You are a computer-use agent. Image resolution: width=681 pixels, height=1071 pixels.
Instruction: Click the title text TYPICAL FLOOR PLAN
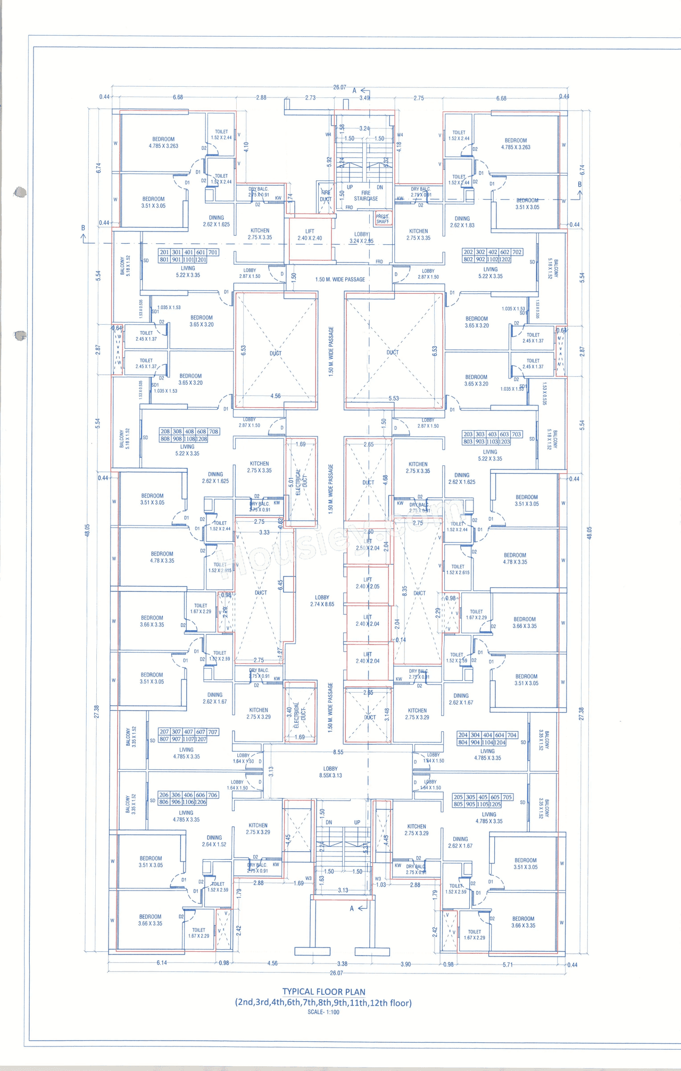click(323, 992)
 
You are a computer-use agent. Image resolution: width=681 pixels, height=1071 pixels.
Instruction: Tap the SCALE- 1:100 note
click(323, 1012)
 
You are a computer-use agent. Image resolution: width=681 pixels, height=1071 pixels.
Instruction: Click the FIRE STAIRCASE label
click(366, 196)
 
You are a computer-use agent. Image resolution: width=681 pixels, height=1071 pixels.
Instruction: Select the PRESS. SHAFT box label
click(382, 219)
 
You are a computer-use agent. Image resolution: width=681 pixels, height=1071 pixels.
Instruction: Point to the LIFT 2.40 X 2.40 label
click(310, 235)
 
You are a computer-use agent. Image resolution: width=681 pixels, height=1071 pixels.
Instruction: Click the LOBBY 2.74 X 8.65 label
click(322, 600)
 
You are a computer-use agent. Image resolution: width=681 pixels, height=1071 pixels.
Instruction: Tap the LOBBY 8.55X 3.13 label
click(330, 772)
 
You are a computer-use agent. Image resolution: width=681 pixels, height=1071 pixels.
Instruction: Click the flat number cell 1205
click(495, 804)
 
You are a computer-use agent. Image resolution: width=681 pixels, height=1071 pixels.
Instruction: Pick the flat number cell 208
click(165, 432)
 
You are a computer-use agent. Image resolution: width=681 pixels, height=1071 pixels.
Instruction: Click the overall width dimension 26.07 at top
click(339, 87)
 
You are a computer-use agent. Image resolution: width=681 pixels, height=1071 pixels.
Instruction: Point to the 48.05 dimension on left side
click(87, 530)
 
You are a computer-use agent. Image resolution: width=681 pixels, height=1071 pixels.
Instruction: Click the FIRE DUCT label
click(325, 196)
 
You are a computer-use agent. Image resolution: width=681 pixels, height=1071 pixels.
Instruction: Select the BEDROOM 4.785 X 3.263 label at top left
click(163, 142)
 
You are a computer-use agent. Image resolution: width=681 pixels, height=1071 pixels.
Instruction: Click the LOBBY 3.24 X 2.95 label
click(361, 237)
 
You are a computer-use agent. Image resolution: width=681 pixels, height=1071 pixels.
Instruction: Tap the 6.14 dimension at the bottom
click(162, 962)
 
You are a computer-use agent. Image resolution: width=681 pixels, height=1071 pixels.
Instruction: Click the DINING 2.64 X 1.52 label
click(214, 841)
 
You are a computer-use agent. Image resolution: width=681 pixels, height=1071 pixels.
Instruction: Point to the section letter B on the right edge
click(580, 184)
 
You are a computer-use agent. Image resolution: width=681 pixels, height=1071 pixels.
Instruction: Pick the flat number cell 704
click(512, 735)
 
